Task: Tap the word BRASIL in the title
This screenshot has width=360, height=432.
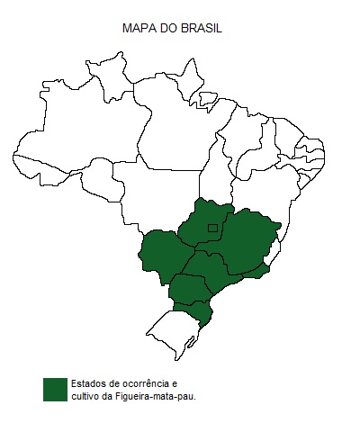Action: (202, 29)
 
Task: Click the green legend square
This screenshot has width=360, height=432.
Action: (55, 389)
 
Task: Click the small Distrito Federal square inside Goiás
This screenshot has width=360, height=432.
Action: (211, 229)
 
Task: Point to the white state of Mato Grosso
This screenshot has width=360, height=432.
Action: (153, 198)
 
